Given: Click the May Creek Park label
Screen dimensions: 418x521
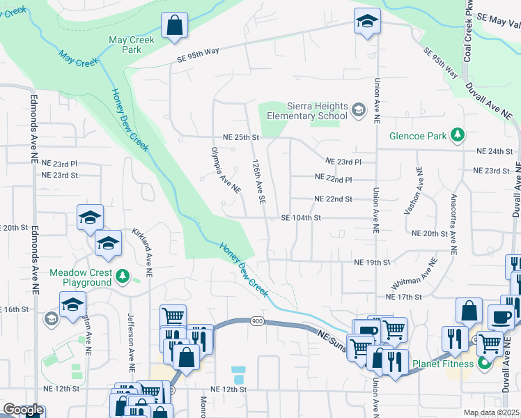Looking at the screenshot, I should click(x=132, y=45).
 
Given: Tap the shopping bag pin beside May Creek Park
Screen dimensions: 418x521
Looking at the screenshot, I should click(x=175, y=26).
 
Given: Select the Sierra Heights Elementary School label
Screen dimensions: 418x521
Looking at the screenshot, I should click(x=317, y=111).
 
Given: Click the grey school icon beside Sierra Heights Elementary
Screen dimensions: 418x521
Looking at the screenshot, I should click(x=358, y=109).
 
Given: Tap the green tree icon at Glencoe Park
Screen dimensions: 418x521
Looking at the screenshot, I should click(x=458, y=134).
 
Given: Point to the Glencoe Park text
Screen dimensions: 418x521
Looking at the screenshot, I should click(x=418, y=136).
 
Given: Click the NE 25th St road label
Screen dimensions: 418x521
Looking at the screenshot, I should click(x=240, y=137).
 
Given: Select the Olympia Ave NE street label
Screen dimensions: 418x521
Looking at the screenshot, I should click(x=226, y=170).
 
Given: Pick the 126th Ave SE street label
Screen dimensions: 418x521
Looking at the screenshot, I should click(x=258, y=180).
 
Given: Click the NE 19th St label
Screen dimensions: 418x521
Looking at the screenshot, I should click(x=372, y=263).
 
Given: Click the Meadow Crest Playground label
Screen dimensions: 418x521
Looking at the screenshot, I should click(x=80, y=277).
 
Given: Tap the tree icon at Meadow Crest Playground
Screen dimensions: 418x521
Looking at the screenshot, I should click(x=123, y=276).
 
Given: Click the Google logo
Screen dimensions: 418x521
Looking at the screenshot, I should click(x=23, y=410).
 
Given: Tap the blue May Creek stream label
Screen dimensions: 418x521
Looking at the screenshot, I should click(x=78, y=59).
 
